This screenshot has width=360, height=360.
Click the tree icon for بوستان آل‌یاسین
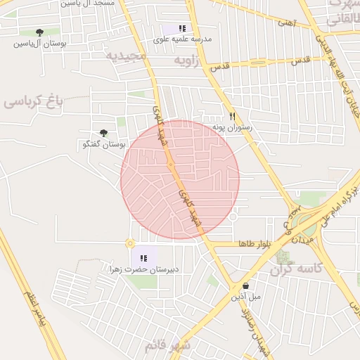[x=39, y=32]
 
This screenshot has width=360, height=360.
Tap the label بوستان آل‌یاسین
[x=39, y=44]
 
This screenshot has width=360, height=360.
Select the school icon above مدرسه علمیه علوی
[x=183, y=29]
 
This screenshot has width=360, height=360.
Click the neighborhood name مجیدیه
[x=127, y=56]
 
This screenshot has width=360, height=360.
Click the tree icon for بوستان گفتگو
[x=104, y=133]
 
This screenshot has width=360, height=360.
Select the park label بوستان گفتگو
[x=103, y=144]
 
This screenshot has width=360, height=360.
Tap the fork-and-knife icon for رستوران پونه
[x=233, y=117]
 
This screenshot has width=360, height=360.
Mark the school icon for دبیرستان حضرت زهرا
[x=144, y=258]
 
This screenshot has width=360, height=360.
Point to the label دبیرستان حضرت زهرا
[x=144, y=269]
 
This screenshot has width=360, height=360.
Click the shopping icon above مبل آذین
[x=245, y=286]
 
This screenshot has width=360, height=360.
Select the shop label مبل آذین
[x=246, y=297]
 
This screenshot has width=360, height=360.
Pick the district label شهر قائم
[x=168, y=346]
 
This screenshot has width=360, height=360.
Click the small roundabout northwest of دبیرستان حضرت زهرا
[x=130, y=243]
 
